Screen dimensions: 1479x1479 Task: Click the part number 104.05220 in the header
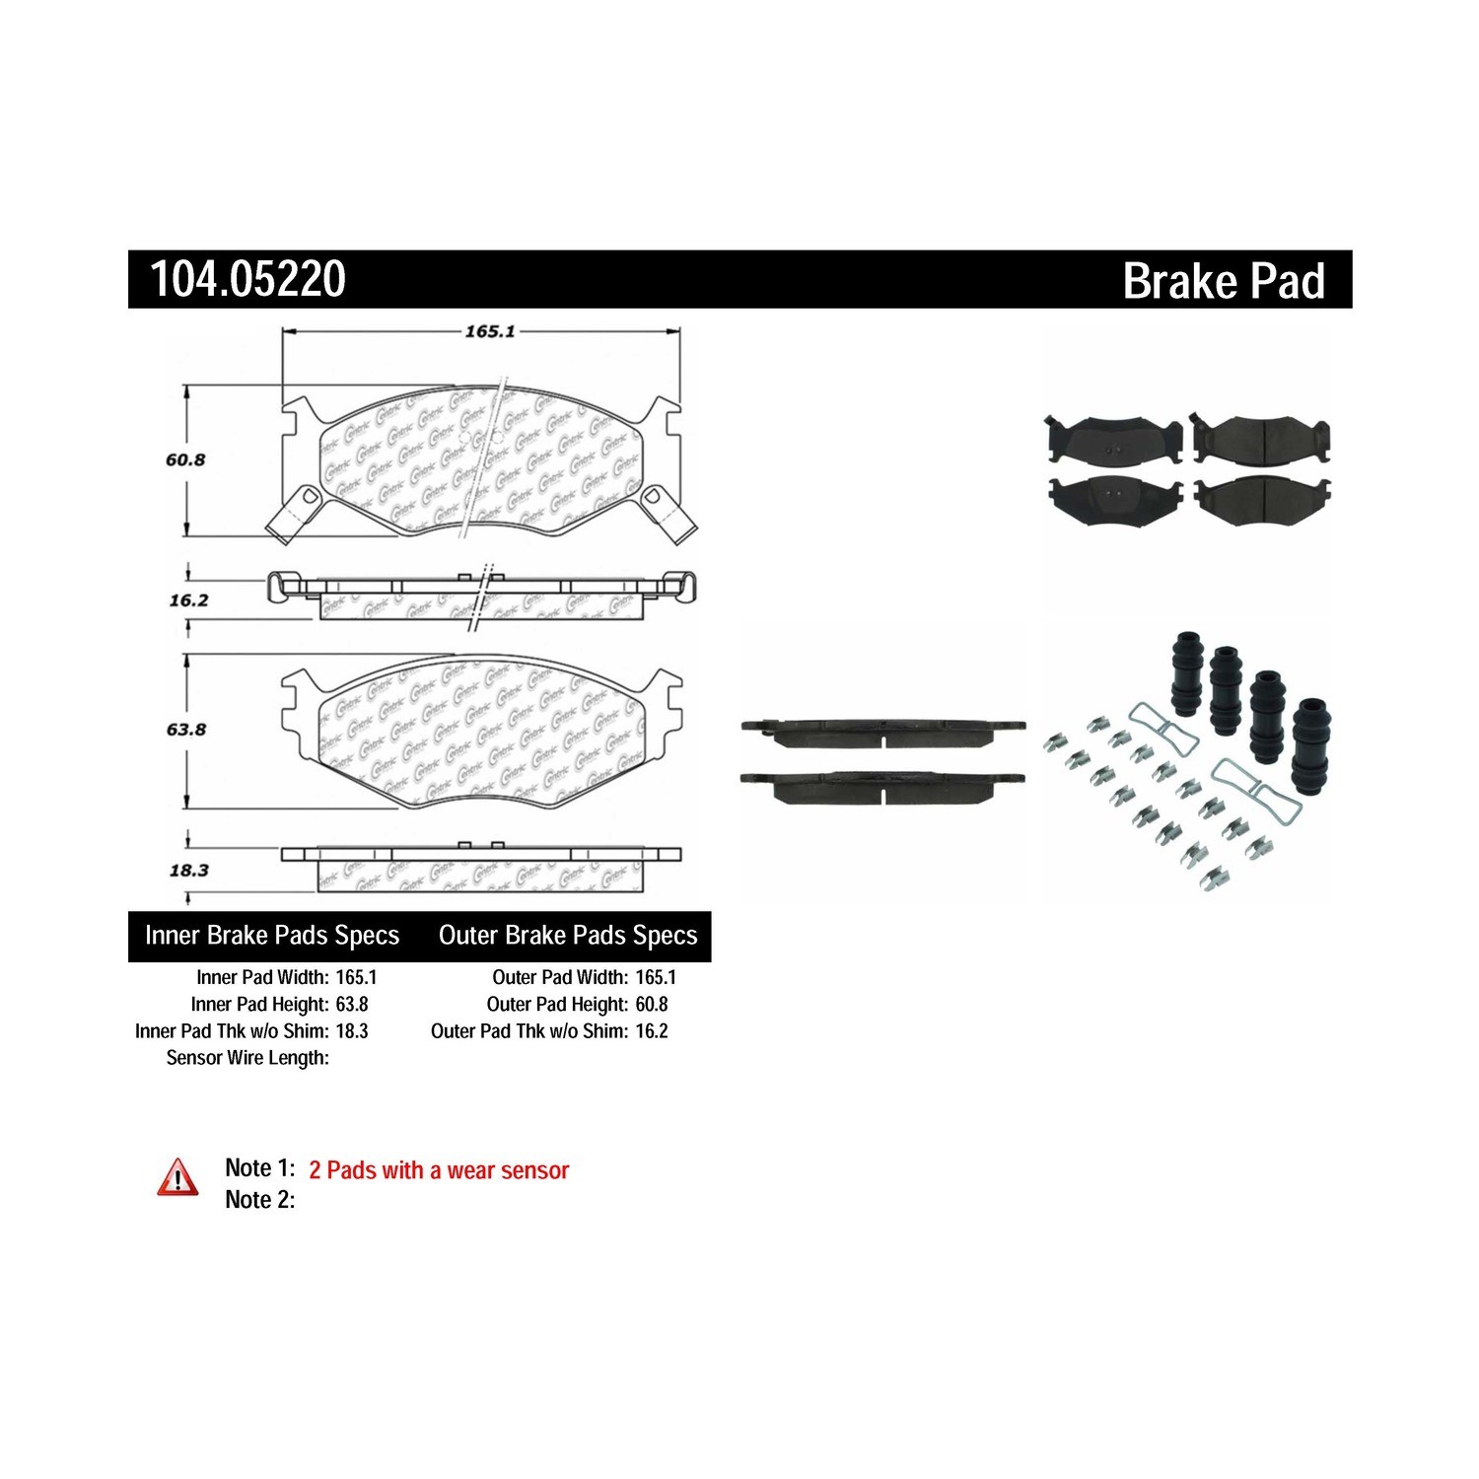247,279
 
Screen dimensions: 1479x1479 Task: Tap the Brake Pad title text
1224,281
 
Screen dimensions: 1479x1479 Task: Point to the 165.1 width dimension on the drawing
490,331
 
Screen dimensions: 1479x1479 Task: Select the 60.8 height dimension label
185,459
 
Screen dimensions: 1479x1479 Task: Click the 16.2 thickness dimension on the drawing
188,599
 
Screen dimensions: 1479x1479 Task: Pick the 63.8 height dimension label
185,730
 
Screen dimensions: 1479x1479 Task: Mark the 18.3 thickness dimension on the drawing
188,871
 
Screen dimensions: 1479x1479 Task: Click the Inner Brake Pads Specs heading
272,936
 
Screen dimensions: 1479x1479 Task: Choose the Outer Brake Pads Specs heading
568,936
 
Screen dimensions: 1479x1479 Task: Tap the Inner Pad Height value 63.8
352,1005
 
